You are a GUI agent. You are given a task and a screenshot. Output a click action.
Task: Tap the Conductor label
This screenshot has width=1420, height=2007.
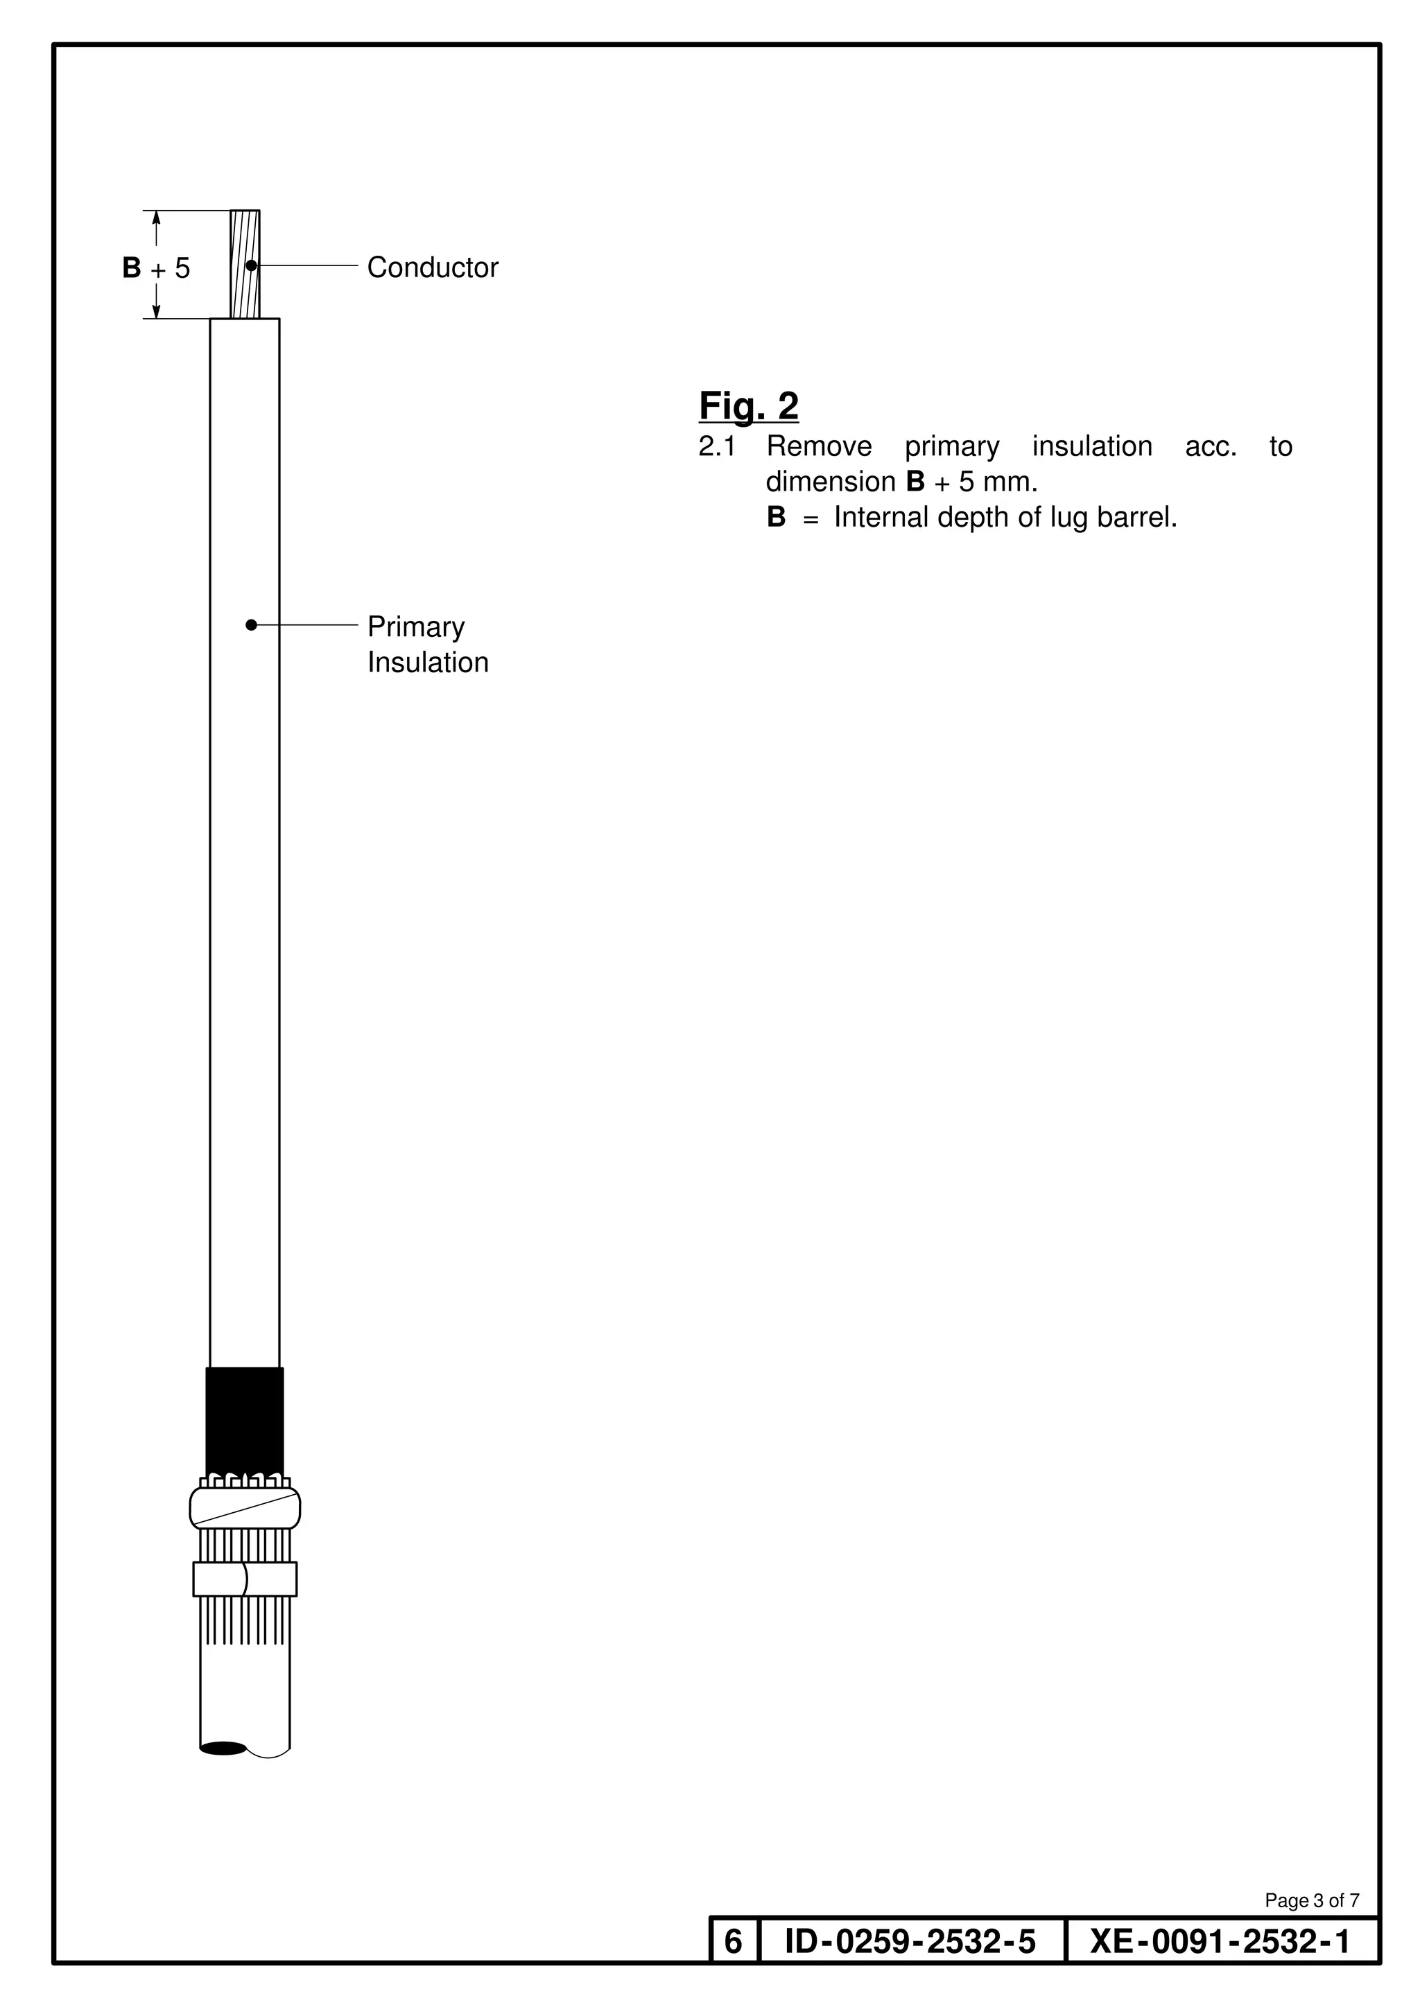[432, 268]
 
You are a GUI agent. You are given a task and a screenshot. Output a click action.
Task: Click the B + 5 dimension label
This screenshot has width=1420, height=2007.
[155, 268]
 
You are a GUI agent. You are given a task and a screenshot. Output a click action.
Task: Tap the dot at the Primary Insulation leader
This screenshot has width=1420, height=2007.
[251, 625]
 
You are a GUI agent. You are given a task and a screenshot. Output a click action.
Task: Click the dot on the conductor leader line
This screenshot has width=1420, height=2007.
[251, 265]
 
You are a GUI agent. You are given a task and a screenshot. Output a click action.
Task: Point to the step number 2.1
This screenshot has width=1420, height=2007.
[717, 447]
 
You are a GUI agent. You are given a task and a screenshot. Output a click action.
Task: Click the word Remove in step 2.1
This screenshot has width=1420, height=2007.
[818, 447]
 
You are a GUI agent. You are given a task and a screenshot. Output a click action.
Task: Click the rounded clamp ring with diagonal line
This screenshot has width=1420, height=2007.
[245, 1508]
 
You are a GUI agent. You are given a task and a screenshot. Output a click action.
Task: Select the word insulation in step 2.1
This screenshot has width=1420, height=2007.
[1091, 447]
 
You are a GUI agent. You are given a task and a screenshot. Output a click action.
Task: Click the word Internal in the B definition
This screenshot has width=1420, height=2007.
[881, 518]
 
